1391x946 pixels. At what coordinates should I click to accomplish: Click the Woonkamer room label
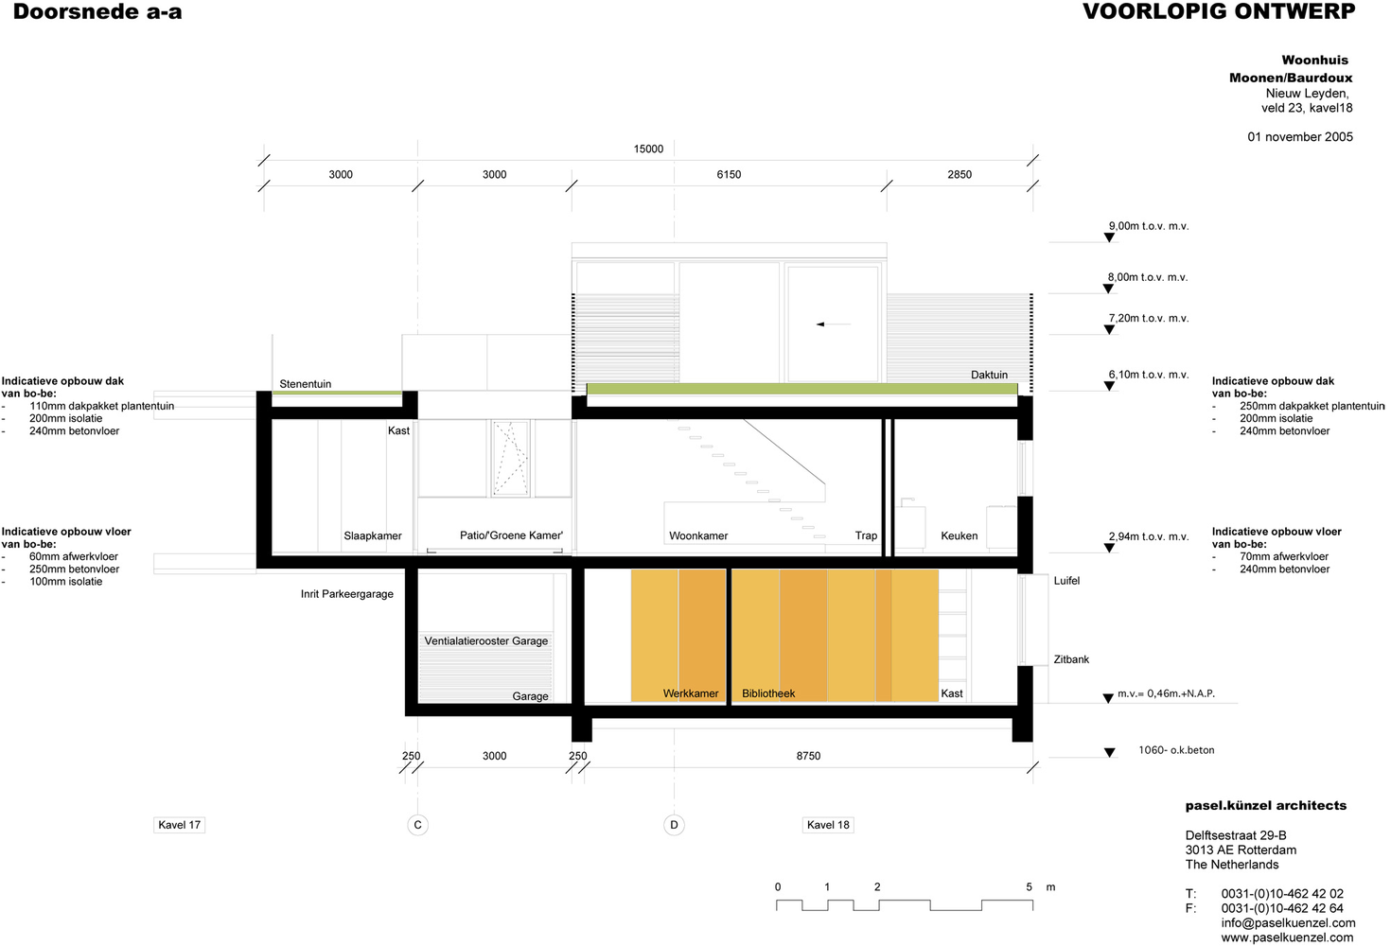[x=698, y=535]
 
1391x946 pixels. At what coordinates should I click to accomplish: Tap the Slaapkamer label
[x=373, y=535]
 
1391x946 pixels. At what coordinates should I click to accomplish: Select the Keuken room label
[x=959, y=535]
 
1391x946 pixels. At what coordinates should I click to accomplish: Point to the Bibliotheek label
[x=768, y=693]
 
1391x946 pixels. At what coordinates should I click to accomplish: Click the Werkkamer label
[x=691, y=693]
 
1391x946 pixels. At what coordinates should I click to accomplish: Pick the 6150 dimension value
[x=729, y=174]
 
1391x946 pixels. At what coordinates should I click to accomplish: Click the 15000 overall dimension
[x=648, y=149]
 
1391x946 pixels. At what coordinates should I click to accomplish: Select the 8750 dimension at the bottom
[x=808, y=756]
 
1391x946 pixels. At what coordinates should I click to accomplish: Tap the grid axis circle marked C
[x=418, y=825]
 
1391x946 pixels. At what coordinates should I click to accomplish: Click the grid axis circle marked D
[x=675, y=825]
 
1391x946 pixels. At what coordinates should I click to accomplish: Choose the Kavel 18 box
[x=828, y=825]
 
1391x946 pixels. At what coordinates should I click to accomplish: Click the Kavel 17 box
[x=180, y=825]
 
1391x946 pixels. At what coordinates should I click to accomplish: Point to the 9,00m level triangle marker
[x=1109, y=237]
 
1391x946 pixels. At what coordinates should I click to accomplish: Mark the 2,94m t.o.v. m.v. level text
[x=1149, y=536]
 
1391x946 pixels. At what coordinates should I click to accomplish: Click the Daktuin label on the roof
[x=989, y=375]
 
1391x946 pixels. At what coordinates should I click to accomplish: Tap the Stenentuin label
[x=305, y=384]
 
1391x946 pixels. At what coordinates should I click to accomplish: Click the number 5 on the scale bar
[x=1029, y=887]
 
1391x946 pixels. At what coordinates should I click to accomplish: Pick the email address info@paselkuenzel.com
[x=1288, y=923]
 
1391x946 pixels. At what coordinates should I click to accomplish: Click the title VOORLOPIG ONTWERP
[x=1219, y=11]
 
